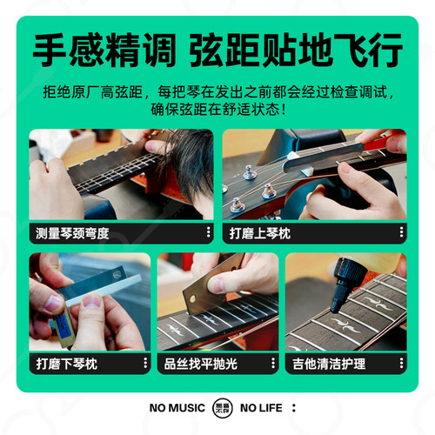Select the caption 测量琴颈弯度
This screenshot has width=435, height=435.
[73, 233]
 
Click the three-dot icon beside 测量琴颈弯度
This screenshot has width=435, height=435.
[208, 233]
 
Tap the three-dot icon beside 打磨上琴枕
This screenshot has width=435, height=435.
[401, 233]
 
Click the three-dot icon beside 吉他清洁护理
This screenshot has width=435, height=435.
[401, 362]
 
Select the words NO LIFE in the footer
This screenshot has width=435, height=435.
[261, 407]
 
